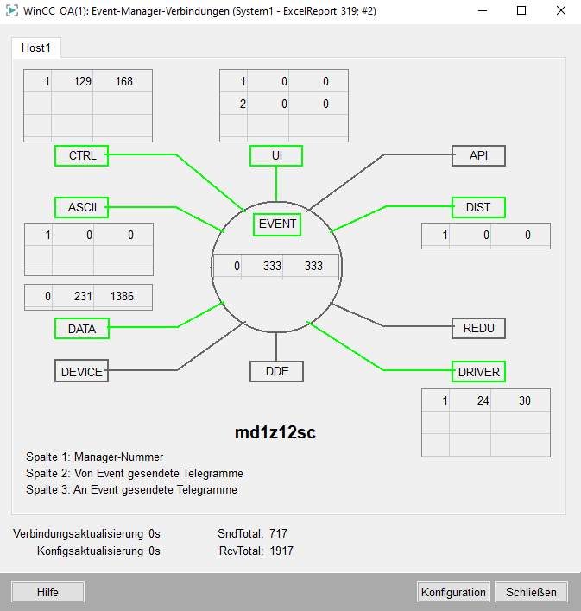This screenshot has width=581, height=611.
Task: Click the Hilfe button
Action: pyautogui.click(x=47, y=592)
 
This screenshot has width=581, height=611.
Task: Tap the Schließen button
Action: pyautogui.click(x=531, y=592)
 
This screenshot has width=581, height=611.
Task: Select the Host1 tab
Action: pyautogui.click(x=36, y=48)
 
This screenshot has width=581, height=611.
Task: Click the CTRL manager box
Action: pyautogui.click(x=81, y=156)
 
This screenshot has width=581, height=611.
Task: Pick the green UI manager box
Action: pyautogui.click(x=276, y=156)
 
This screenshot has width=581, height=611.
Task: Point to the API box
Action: pyautogui.click(x=478, y=156)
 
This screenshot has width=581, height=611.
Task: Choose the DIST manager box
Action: pyautogui.click(x=478, y=207)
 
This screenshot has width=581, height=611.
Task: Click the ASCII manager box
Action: pyautogui.click(x=81, y=207)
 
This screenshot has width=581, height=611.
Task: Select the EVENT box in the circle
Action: pyautogui.click(x=277, y=224)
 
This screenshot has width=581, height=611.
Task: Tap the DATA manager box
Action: pyautogui.click(x=82, y=329)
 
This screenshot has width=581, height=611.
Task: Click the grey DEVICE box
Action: pyautogui.click(x=81, y=371)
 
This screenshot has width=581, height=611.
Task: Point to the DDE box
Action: pyautogui.click(x=276, y=371)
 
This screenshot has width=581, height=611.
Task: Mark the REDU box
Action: pyautogui.click(x=478, y=329)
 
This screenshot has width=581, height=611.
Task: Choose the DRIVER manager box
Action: pyautogui.click(x=478, y=372)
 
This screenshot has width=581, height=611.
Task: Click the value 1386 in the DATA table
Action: pyautogui.click(x=122, y=297)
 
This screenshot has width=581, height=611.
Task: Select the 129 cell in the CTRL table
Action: pyautogui.click(x=82, y=81)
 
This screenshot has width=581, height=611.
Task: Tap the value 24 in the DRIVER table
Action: pyautogui.click(x=483, y=400)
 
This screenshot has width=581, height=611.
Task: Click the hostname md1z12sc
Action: pyautogui.click(x=275, y=432)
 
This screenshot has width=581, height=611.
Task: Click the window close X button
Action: pyautogui.click(x=561, y=11)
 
